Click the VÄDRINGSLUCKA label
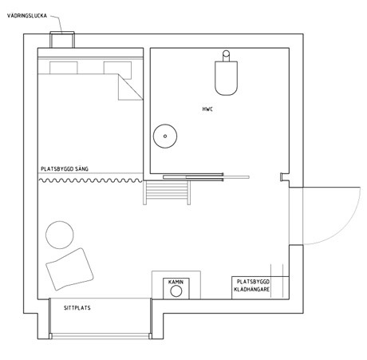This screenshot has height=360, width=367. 27,16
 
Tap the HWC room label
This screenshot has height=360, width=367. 207,109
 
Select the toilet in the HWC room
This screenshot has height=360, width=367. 226,73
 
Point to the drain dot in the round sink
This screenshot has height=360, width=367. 165,136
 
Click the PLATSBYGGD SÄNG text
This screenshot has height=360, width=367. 65,169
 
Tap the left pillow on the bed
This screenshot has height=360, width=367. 64,68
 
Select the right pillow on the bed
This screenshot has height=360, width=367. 117,70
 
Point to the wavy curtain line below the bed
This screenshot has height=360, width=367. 90,180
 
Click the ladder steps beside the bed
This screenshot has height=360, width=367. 167,192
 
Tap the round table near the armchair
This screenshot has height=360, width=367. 60,235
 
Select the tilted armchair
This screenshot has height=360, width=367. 69,269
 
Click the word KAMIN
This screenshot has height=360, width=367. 176,282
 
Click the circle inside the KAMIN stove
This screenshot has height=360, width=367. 176,291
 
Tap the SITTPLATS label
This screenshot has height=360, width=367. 77,308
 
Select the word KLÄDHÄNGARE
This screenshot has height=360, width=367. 252,289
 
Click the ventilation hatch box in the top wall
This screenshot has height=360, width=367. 62,40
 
